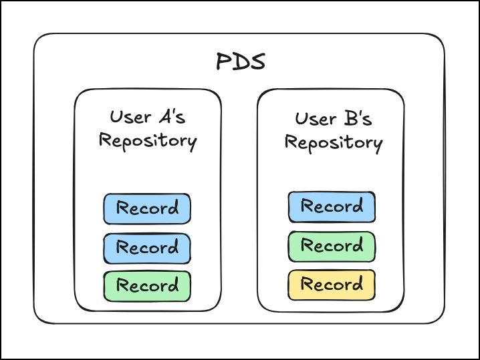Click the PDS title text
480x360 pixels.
241,61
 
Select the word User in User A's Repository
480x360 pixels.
131,117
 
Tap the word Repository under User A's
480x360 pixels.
148,142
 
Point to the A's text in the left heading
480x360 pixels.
172,116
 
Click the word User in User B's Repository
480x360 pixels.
316,119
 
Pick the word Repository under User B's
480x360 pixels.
334,143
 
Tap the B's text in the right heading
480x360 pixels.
358,118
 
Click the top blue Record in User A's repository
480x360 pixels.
147,208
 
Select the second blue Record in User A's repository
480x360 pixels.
147,248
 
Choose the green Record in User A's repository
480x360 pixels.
147,287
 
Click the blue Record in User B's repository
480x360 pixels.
332,207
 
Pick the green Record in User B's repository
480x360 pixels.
332,246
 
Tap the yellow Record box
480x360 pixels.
332,285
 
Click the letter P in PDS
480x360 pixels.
223,61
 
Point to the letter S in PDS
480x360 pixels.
258,62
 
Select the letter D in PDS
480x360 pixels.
241,62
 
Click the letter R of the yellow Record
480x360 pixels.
307,283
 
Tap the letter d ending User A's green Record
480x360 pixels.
173,285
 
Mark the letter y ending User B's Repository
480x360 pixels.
378,146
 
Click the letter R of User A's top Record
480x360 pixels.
122,207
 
